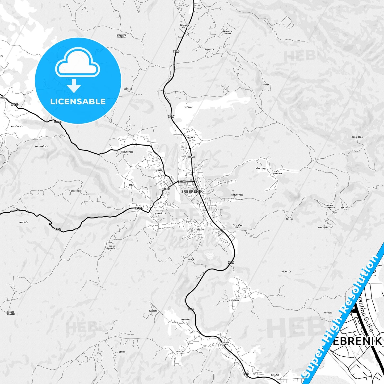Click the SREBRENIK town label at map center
point(192,191)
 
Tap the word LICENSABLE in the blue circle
point(78,102)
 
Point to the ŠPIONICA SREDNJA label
point(121,36)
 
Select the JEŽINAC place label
point(188,107)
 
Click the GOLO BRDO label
point(357,137)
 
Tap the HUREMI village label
point(267,85)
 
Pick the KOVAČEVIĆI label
point(17,126)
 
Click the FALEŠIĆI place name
point(23,222)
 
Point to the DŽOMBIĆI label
point(286,272)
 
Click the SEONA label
point(122,352)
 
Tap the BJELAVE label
point(275,375)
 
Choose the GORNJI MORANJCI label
point(11,313)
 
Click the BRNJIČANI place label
point(76,191)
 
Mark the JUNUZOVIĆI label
point(323,227)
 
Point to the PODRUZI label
point(328,313)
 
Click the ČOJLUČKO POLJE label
point(237,226)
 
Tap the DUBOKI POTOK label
point(225,343)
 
